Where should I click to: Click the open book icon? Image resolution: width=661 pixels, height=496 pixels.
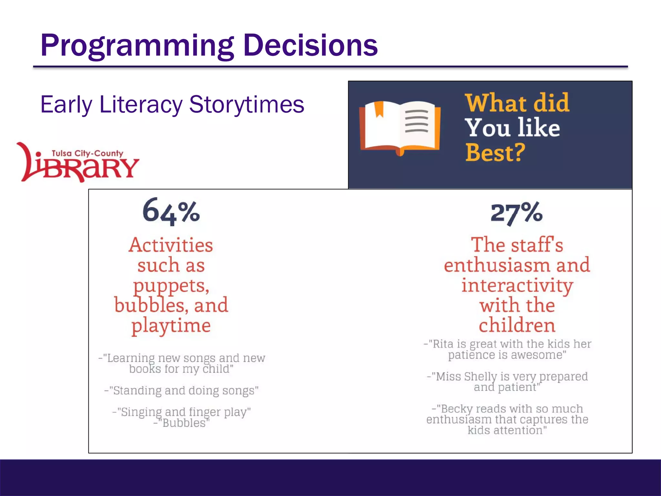coord(400,128)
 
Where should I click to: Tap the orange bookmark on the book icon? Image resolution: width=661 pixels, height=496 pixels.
coord(379,109)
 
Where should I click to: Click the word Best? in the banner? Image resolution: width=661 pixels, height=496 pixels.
coord(495,152)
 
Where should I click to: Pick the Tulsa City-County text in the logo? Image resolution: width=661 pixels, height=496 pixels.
coord(87,153)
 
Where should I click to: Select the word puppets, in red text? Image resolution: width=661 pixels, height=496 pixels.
coord(171,286)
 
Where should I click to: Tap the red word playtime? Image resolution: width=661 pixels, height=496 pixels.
coord(171,325)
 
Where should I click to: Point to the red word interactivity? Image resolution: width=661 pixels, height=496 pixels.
coord(517,285)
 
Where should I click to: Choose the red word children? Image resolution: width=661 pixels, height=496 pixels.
coord(517,325)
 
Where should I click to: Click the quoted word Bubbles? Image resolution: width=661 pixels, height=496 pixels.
coord(184,423)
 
